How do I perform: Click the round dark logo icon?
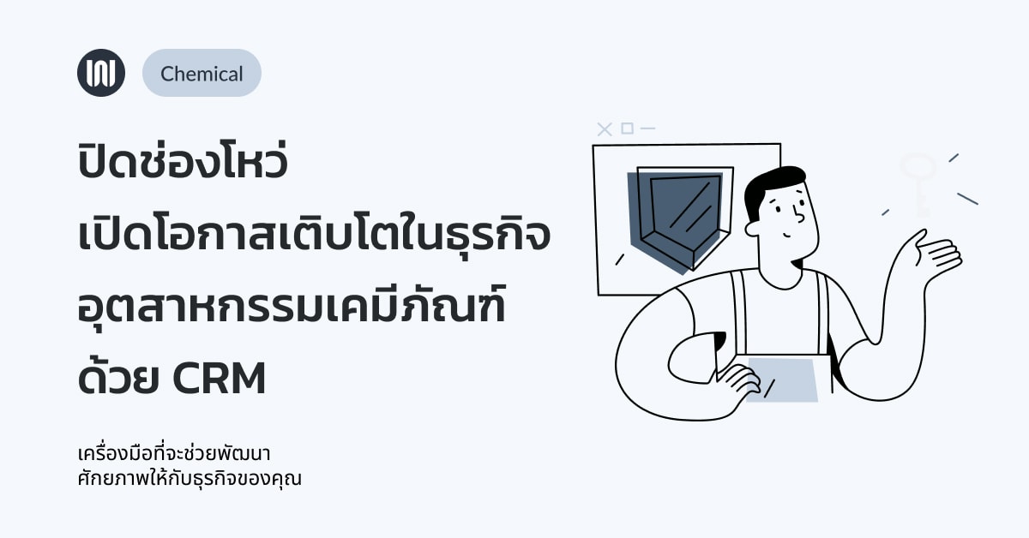click(x=101, y=73)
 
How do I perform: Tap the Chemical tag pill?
click(x=202, y=73)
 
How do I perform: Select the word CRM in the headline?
click(x=220, y=379)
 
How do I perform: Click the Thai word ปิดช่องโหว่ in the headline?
click(x=183, y=158)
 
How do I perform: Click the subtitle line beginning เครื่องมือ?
click(x=174, y=453)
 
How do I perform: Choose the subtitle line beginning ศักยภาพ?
click(x=190, y=478)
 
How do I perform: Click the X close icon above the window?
click(x=605, y=129)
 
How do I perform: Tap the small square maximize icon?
click(x=627, y=129)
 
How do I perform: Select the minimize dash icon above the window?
click(x=647, y=129)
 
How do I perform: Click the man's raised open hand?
click(x=937, y=252)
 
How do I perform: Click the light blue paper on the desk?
click(x=782, y=380)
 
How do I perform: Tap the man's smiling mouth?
click(x=788, y=236)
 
